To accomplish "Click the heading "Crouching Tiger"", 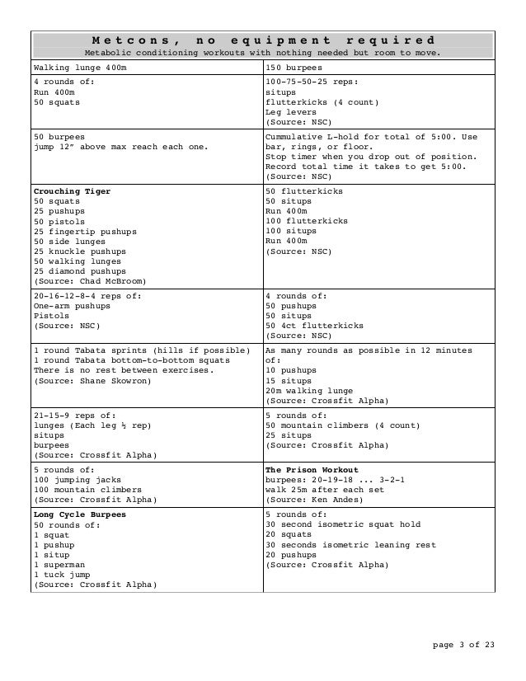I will (72, 191).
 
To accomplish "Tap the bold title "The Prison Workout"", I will (312, 469).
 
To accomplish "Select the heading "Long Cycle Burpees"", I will (80, 514).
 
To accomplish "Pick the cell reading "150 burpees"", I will (294, 66).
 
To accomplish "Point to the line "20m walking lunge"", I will (309, 390).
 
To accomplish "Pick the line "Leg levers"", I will (289, 112).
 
